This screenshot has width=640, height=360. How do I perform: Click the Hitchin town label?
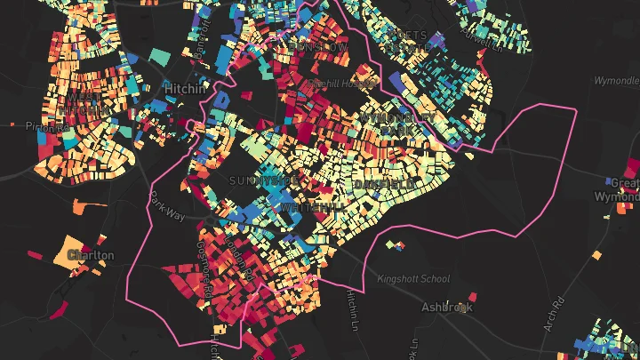pos(184,89)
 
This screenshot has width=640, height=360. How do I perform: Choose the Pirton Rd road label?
pos(48,126)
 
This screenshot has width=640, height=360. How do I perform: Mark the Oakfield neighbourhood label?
pos(384,184)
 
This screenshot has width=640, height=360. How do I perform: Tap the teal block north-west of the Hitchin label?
pos(159,55)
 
